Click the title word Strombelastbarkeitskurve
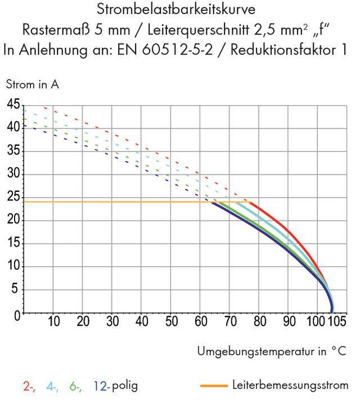(179, 10)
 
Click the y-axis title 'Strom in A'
(33, 85)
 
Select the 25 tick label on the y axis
(13, 198)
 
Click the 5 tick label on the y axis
(16, 290)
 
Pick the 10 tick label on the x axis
(53, 322)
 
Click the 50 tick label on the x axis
(171, 322)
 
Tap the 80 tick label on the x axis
(259, 322)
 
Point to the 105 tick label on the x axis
(336, 322)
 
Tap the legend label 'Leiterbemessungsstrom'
(290, 386)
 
